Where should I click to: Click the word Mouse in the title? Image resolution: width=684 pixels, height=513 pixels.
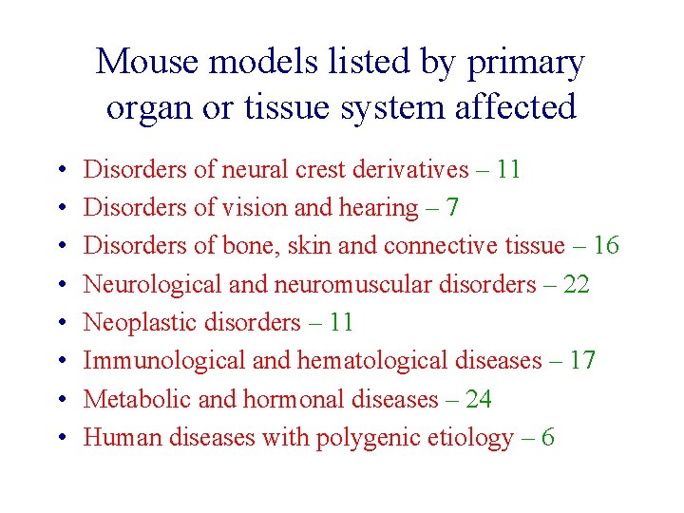[147, 63]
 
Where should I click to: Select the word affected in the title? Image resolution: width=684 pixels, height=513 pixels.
[514, 107]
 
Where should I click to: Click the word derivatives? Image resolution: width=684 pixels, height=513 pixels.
[409, 170]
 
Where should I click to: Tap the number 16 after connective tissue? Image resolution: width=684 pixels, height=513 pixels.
[605, 246]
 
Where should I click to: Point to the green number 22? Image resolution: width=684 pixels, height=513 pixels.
[576, 285]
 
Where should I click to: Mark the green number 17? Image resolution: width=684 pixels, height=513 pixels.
[581, 361]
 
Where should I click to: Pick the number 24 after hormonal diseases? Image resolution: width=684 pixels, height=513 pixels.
[478, 399]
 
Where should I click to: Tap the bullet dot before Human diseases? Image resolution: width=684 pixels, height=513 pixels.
[59, 438]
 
